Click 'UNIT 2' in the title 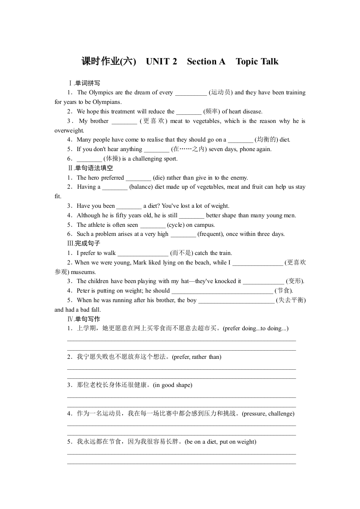(x=162, y=62)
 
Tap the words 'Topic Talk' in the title (x=257, y=62)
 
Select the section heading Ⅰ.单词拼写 (x=84, y=83)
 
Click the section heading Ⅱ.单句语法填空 (x=90, y=168)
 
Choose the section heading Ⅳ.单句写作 (x=84, y=319)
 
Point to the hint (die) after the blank (x=161, y=178)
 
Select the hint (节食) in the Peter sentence (x=284, y=291)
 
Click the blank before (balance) (x=115, y=187)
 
